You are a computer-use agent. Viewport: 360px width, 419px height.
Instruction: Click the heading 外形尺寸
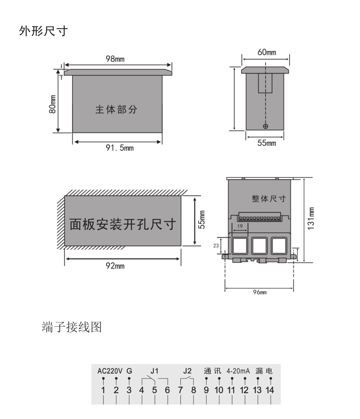(x=43, y=32)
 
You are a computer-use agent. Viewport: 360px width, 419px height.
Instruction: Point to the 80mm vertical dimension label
(x=52, y=103)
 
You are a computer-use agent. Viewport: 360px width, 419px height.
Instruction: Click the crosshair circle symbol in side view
(x=265, y=126)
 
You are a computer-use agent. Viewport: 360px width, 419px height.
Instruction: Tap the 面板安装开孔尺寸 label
(x=122, y=223)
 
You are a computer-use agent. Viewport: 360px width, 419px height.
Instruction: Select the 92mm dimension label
(x=115, y=266)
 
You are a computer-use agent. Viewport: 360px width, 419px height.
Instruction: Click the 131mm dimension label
(x=310, y=218)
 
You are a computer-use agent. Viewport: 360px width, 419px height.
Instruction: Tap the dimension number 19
(x=239, y=226)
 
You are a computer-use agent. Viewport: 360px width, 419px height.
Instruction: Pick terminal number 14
(x=269, y=390)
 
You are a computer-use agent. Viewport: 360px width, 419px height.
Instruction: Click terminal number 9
(x=206, y=390)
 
